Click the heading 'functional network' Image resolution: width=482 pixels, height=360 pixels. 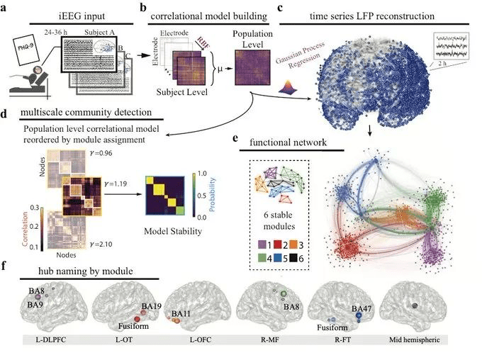coord(291,142)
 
